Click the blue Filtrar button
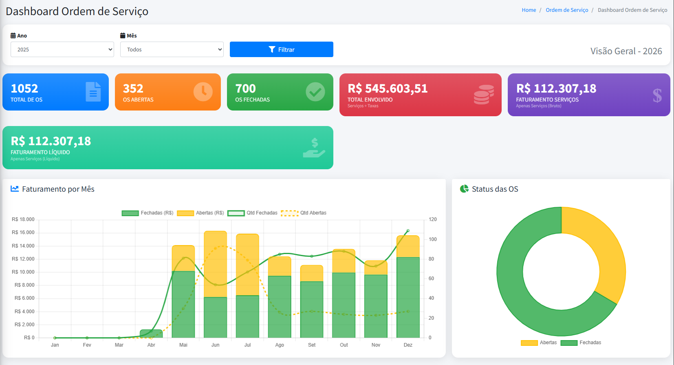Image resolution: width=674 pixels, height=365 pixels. pos(281,49)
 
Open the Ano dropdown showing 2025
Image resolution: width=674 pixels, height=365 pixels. pos(62,49)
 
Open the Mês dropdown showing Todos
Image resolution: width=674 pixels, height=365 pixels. pos(172,49)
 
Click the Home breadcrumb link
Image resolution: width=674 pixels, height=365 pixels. pos(529,10)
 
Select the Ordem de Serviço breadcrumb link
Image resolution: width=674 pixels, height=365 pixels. pos(566,10)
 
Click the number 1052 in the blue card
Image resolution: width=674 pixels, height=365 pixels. pos(24,88)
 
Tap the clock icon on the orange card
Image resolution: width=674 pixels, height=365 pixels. pos(203,92)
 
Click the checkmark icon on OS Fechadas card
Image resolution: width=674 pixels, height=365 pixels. pos(315,92)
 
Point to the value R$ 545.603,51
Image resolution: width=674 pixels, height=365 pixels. pos(388,88)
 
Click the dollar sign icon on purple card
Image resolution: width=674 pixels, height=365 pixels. pos(657,95)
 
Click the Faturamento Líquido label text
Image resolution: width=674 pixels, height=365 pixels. pos(40,152)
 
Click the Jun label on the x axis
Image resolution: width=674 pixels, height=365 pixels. pos(215,345)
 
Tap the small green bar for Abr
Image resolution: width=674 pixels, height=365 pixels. pos(151,334)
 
